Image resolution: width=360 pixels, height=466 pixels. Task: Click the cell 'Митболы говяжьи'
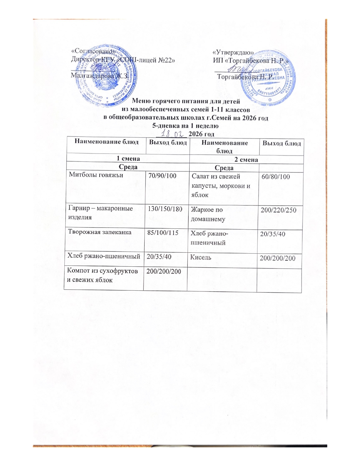pos(96,175)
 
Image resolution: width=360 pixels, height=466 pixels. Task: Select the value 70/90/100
pos(162,176)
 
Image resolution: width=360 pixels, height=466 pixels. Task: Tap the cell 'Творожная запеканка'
pos(100,232)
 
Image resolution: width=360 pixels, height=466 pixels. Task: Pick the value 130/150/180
pos(165,209)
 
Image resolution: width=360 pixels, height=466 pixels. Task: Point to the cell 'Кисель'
pos(201,257)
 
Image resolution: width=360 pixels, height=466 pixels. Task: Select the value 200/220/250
pos(278,210)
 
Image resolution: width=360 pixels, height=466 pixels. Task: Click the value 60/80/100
pos(276,177)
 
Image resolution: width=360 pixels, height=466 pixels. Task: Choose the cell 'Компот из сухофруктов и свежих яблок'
pos(102,275)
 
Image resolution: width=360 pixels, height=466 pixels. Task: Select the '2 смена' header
pos(246,160)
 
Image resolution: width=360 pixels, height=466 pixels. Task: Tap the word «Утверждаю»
pos(233,53)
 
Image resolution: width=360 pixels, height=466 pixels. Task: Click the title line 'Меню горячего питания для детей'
pos(186,101)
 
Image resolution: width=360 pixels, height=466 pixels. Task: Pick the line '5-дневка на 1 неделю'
pos(185,126)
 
